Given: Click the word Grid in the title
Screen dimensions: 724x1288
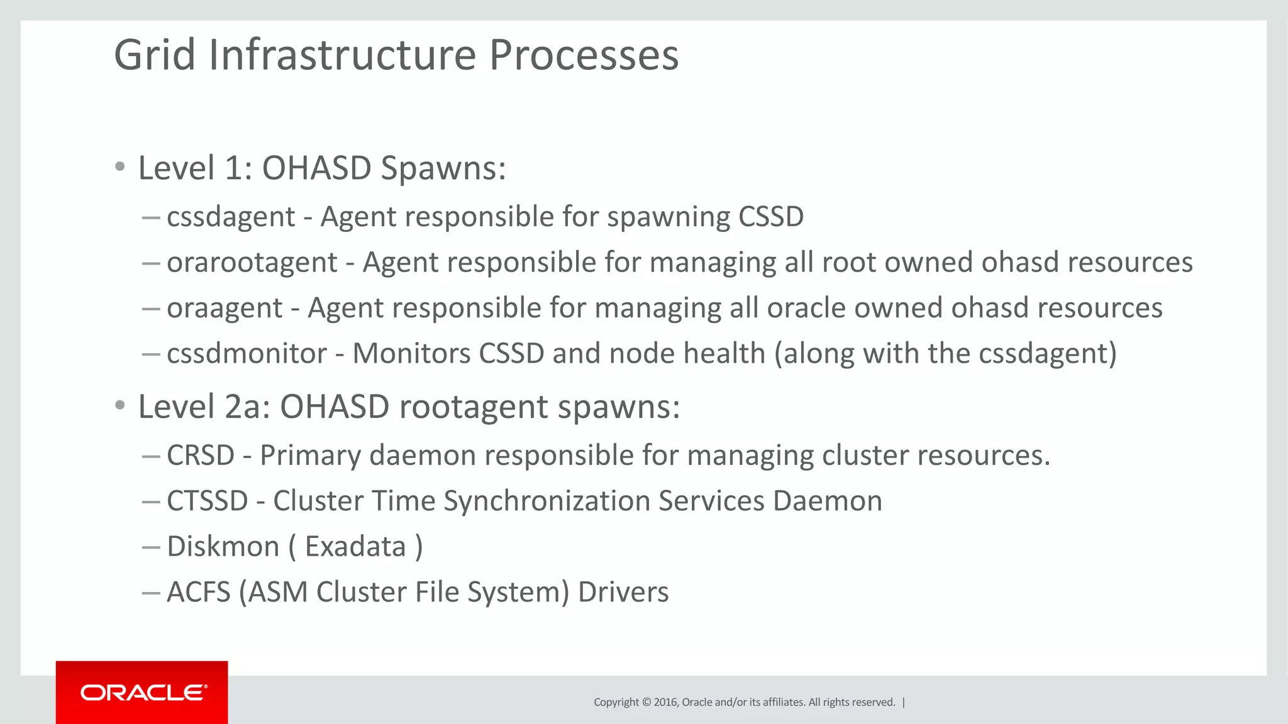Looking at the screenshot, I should [155, 55].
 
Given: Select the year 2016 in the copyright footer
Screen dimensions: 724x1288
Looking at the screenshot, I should [665, 702].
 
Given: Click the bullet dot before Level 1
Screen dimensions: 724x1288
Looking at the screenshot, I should [120, 167].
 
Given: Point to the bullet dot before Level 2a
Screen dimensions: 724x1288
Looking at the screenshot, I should [120, 405].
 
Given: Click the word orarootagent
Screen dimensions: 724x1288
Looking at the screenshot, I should [252, 263].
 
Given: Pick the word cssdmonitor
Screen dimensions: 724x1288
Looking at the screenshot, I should [247, 353].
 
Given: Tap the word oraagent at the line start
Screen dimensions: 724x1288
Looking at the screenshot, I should [225, 309].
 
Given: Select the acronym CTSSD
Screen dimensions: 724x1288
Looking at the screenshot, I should [208, 501].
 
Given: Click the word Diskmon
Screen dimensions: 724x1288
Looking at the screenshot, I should [223, 546].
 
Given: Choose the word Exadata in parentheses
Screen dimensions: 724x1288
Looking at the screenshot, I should [355, 546].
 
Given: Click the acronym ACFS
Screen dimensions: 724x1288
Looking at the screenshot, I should [199, 592].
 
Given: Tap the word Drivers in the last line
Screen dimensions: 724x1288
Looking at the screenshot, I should [623, 592].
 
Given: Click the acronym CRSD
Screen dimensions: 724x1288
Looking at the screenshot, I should [201, 455].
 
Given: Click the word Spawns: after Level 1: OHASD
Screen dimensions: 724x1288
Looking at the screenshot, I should [443, 168].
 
